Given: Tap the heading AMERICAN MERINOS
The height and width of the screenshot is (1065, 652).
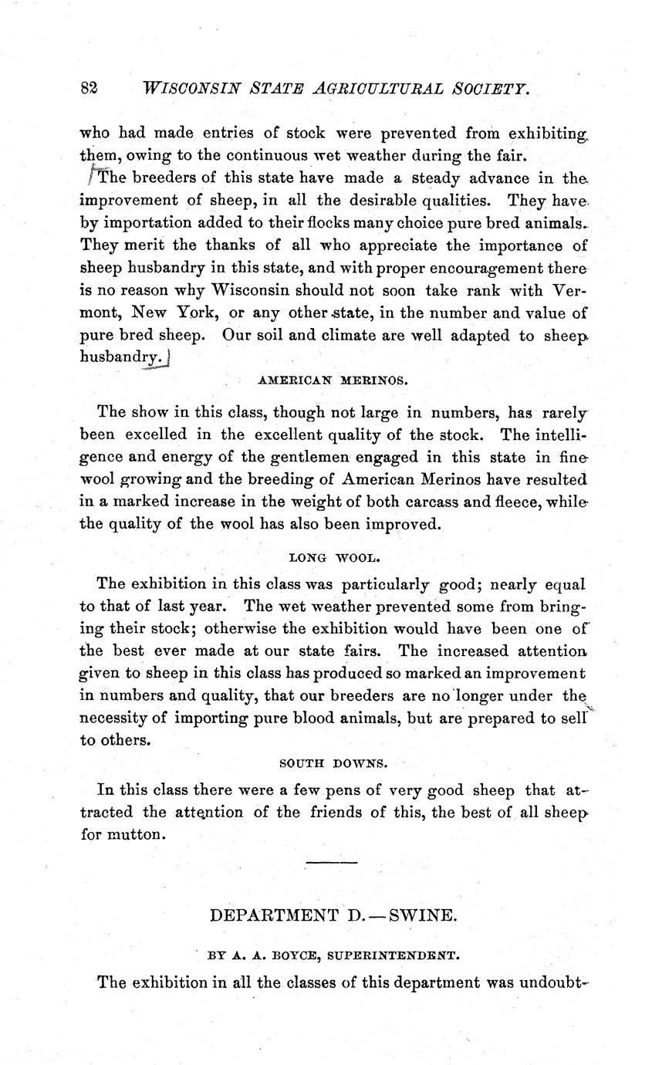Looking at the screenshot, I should (x=333, y=381).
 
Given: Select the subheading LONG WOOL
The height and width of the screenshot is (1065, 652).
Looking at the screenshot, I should (x=333, y=556).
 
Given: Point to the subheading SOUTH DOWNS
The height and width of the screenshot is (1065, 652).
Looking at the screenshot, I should (x=333, y=764).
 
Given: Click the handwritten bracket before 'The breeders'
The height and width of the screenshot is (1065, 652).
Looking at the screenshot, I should (x=90, y=176).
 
